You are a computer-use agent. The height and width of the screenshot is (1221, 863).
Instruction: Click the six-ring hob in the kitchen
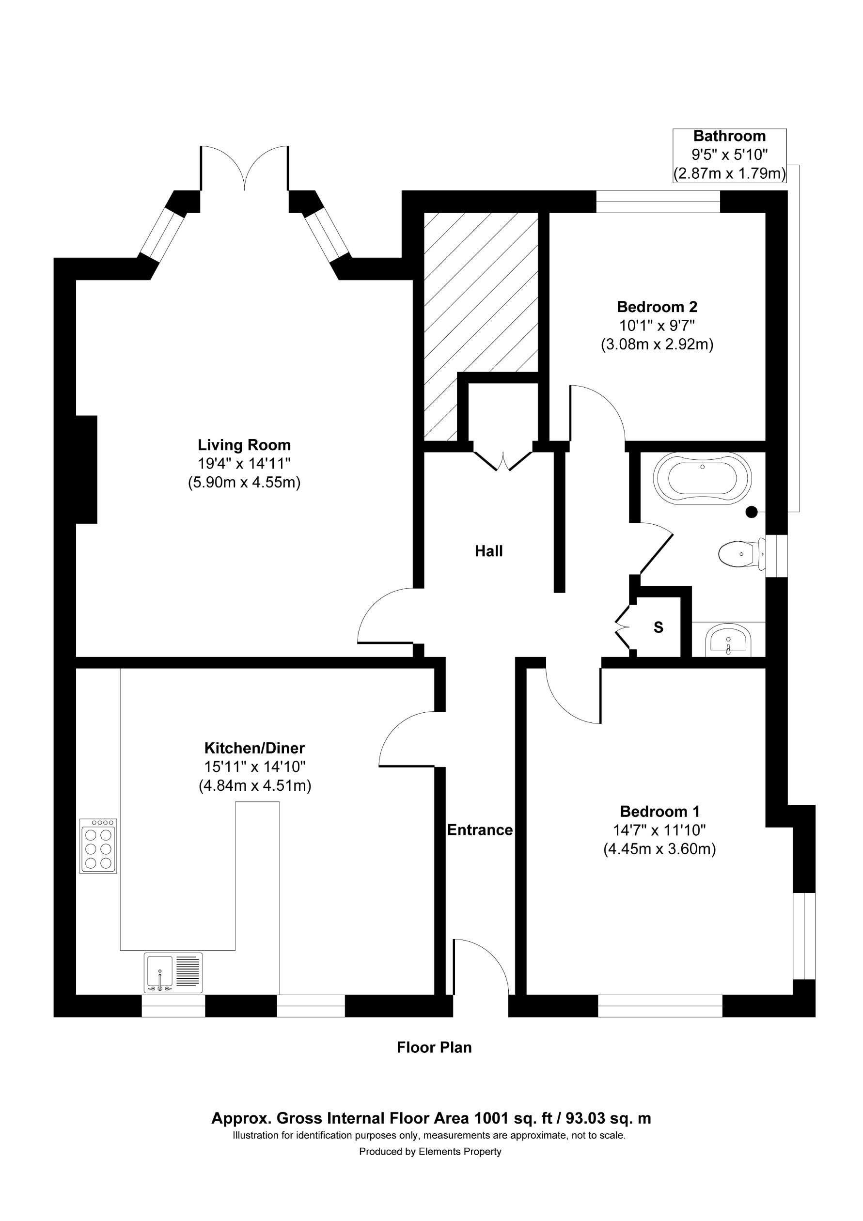pos(98,845)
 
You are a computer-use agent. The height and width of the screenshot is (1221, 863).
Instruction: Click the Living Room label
pos(244,445)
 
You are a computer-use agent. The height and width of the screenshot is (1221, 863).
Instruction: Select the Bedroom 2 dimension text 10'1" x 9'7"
pos(657,326)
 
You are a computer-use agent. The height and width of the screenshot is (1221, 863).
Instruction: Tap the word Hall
pos(488,551)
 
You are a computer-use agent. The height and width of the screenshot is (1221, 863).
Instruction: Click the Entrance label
pos(480,830)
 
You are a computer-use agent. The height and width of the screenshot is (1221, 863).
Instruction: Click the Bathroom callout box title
pos(729,136)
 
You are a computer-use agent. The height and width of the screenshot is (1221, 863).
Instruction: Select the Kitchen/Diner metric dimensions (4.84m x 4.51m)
pos(255,785)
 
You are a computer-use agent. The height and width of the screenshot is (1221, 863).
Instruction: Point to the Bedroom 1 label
pos(659,812)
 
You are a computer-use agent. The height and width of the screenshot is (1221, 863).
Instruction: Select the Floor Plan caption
pos(434,1048)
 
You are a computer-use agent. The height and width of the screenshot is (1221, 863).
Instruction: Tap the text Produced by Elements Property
pos(430,1152)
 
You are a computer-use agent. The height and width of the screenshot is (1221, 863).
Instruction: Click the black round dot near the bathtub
pos(751,512)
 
